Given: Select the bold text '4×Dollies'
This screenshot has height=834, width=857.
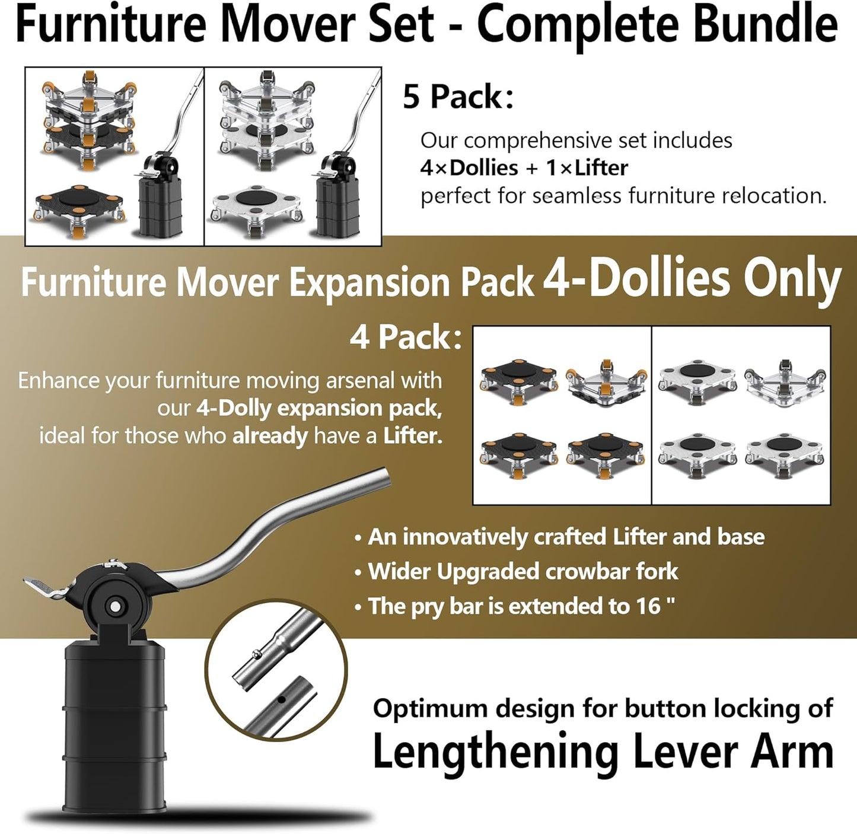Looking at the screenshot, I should point(469,168).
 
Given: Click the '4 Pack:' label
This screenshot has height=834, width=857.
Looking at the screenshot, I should point(406,338).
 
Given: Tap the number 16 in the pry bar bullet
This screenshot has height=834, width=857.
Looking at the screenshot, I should point(648,606).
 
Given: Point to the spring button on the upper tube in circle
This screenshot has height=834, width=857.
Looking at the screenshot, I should point(256,655).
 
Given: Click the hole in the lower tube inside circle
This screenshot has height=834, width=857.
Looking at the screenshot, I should point(282,700).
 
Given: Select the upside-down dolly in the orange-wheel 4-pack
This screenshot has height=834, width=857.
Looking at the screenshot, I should point(606,383).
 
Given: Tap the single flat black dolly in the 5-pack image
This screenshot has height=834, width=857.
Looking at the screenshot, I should point(78,205).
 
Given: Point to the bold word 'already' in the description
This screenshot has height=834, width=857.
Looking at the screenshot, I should point(270,436).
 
